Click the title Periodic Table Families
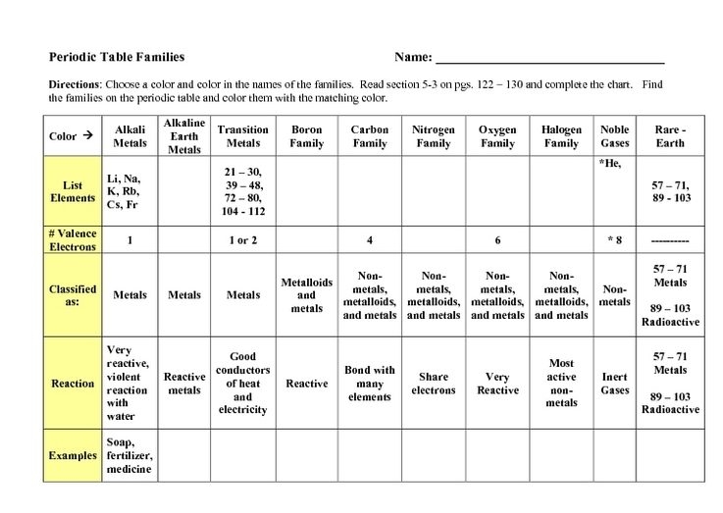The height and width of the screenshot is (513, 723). coord(117,56)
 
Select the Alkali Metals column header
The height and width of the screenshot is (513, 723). coord(130,136)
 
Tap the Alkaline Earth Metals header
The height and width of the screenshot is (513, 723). coord(184,136)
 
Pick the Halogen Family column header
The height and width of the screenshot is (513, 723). coord(561,136)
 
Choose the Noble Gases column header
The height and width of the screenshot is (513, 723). coord(615,136)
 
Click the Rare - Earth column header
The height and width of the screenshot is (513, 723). coord(671,136)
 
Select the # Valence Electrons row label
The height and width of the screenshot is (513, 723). coord(73,240)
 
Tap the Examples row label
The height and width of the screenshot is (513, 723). coord(74,455)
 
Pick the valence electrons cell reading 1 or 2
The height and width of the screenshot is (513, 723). coord(242,240)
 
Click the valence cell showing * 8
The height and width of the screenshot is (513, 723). coord(615,240)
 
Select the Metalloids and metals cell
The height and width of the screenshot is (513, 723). coord(307,295)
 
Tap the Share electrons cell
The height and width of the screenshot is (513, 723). coord(433,383)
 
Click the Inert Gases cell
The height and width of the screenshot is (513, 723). coord(615,383)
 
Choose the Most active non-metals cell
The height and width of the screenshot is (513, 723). coord(561,383)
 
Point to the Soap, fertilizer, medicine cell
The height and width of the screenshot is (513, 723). coord(130,455)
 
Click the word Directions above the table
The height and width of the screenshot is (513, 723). coord(76,84)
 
